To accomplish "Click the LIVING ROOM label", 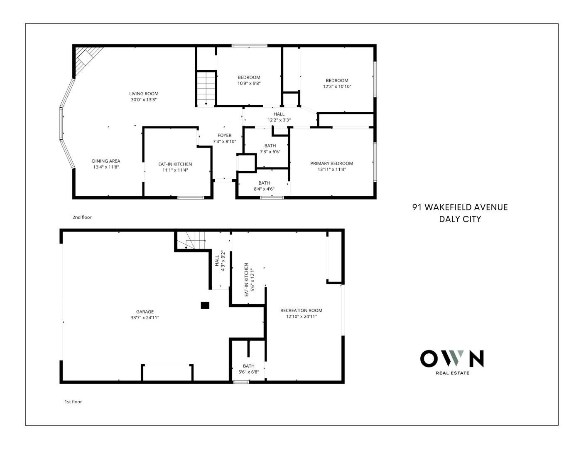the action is pos(144,94).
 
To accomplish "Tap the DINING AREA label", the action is pos(106,161).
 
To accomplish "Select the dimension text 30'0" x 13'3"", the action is pos(144,100).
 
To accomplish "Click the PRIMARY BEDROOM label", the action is pos(331,163).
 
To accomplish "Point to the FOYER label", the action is pos(224,136).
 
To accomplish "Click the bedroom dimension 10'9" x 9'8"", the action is pos(249,83).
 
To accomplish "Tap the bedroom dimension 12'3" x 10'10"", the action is pos(337,86).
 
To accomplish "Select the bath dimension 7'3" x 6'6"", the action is pos(270,152).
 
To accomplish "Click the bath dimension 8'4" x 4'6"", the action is pos(264,189).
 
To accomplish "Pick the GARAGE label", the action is pos(145,312).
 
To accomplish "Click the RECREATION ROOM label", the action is pos(302,311).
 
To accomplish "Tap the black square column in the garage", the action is pos(205,305).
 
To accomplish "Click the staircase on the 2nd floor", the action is pos(206,89).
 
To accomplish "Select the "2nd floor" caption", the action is pos(82,217).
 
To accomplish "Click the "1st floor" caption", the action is pos(73,402).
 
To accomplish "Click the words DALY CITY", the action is pos(460,219).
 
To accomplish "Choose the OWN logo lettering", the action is pos(452,358).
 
